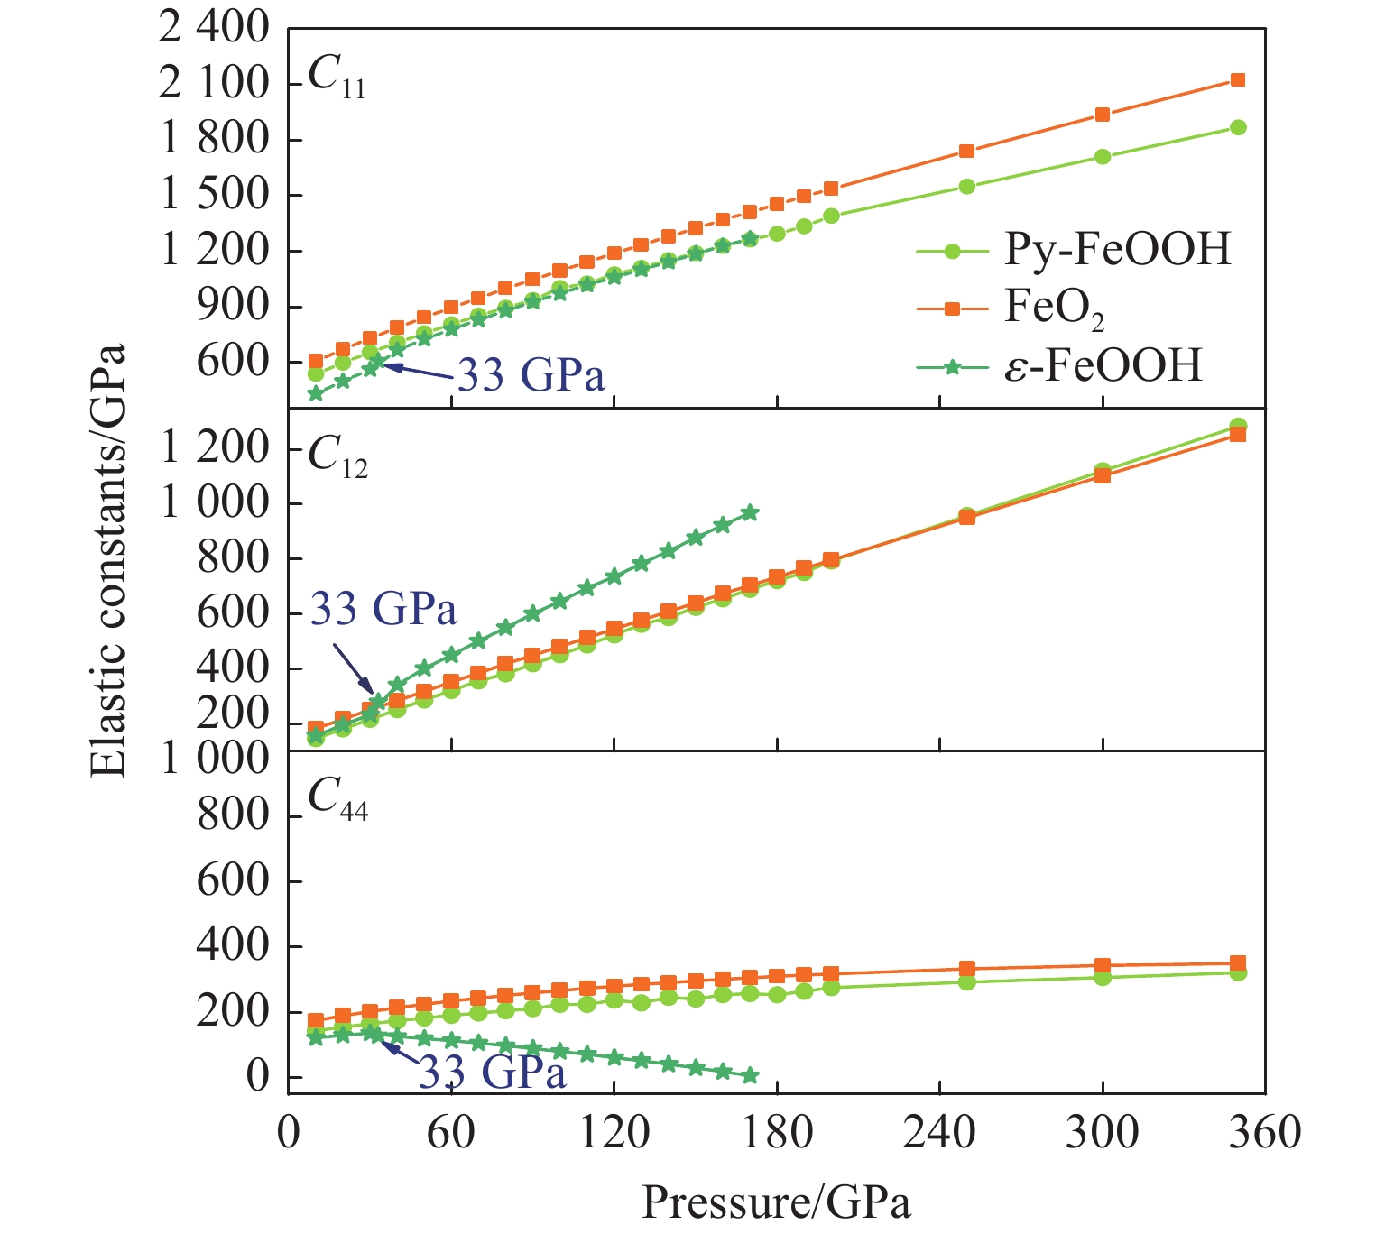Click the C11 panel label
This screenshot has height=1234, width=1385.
336,76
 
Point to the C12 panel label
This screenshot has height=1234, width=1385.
337,456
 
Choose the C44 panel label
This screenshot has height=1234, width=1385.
337,799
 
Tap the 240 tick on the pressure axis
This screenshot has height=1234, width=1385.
939,1132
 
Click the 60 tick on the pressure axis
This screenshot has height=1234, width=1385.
451,1132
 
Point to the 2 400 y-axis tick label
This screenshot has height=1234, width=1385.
214,29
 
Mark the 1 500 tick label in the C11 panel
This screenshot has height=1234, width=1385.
214,195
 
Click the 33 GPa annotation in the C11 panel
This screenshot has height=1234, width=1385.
531,374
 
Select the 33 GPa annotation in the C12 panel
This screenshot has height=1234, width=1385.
383,610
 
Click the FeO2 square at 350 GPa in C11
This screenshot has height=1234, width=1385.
1238,80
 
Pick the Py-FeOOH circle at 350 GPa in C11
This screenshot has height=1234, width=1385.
1238,127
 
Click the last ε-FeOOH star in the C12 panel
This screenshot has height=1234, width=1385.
750,512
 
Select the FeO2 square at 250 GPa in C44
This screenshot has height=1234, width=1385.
966,969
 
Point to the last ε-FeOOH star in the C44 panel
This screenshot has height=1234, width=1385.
750,1075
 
